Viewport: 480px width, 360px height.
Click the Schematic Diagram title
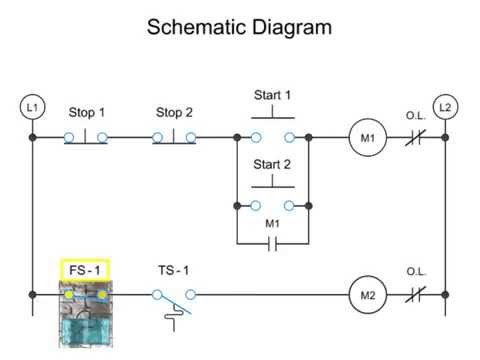(239, 27)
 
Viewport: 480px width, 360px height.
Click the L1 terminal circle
(32, 106)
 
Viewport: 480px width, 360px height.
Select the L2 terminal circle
(445, 106)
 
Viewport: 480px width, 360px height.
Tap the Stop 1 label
(87, 113)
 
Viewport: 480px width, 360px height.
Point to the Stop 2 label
(175, 113)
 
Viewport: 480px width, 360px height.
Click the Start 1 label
(272, 96)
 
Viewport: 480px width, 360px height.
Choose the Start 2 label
(272, 164)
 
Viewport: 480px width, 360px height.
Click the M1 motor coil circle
(366, 137)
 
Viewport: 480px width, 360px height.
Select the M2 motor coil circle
(366, 295)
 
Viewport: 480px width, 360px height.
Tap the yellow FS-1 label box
(84, 270)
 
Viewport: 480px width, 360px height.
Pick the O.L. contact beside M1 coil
(416, 137)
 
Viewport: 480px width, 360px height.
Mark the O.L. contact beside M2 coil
(416, 295)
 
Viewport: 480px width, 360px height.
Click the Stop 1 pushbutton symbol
(87, 136)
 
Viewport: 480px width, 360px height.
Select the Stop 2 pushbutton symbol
(175, 136)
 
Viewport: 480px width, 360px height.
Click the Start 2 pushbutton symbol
(272, 201)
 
